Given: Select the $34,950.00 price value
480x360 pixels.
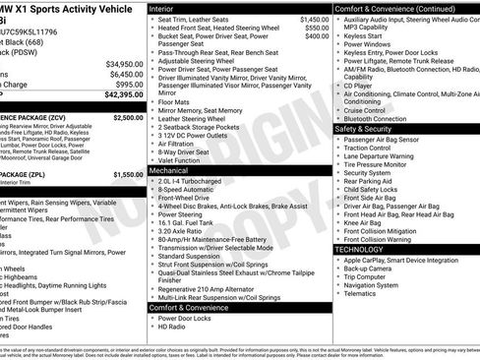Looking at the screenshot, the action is tap(122, 63).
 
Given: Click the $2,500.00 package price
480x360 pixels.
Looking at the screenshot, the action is tap(128, 117).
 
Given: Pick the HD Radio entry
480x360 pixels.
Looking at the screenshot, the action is tap(172, 326).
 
